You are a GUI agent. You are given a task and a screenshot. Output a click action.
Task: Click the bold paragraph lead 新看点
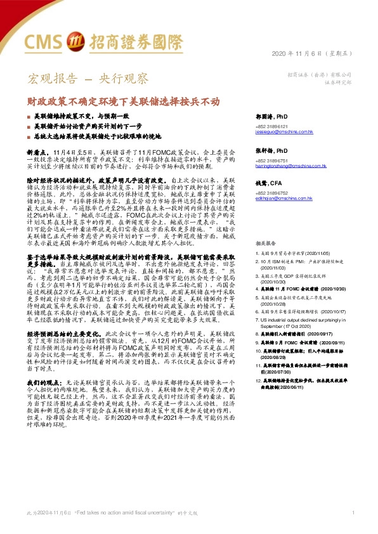coord(36,153)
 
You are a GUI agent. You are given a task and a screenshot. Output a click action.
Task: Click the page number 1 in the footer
coord(352,512)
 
